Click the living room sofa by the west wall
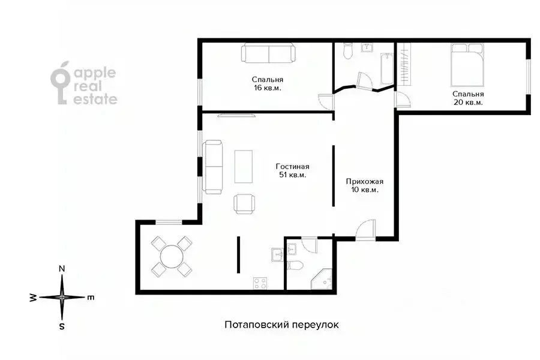[x=212, y=166]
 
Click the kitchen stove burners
[x=260, y=283]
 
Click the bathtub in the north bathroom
[x=385, y=71]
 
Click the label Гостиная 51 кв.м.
[x=292, y=171]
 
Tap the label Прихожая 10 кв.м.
[x=364, y=185]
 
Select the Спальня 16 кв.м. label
[x=268, y=83]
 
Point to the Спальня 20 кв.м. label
[x=468, y=98]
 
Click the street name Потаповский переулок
[x=281, y=325]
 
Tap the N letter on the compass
[x=62, y=269]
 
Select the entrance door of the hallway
[x=365, y=230]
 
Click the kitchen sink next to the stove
[x=277, y=256]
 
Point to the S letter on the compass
[x=62, y=326]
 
